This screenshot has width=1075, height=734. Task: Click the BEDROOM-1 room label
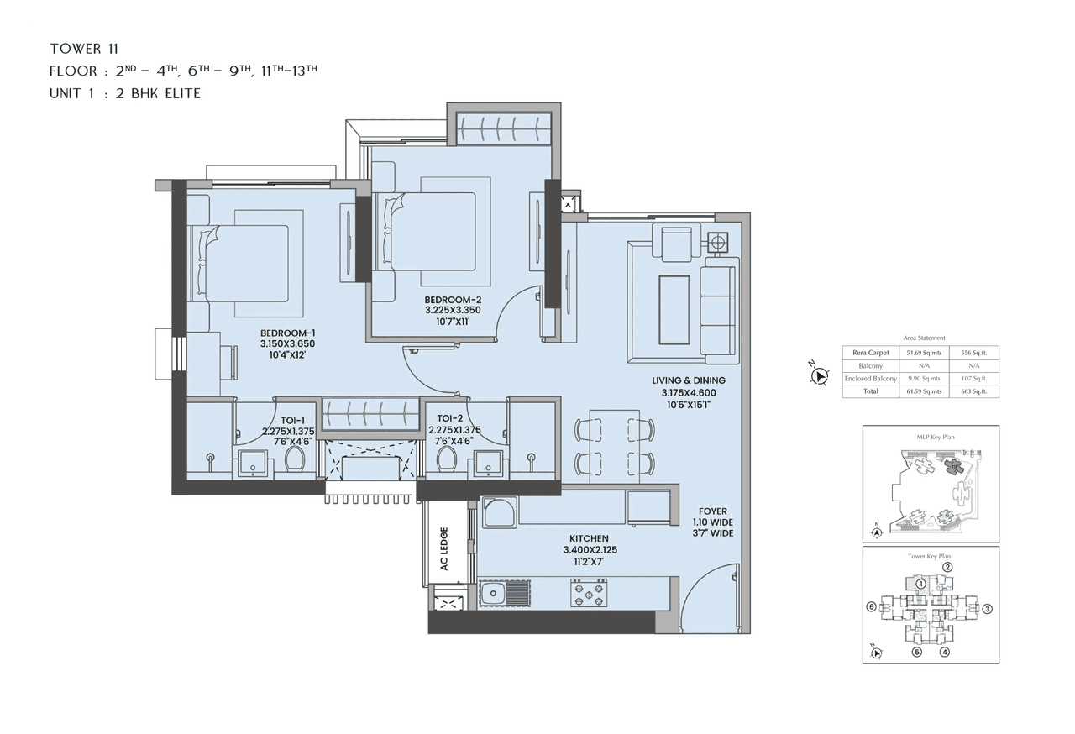[287, 333]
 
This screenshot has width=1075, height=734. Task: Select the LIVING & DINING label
[689, 380]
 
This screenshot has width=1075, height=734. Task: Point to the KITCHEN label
[586, 538]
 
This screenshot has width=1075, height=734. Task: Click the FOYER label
[713, 511]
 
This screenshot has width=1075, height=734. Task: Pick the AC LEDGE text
[444, 548]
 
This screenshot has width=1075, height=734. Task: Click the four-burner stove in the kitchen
[588, 595]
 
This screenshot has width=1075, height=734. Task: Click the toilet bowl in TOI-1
[295, 459]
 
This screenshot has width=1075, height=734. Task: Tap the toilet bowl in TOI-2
[447, 459]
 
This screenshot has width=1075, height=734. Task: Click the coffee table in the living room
[674, 309]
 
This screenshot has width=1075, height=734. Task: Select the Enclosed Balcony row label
[870, 379]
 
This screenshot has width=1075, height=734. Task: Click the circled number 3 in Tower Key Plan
[988, 609]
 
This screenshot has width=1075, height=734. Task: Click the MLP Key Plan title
[931, 438]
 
